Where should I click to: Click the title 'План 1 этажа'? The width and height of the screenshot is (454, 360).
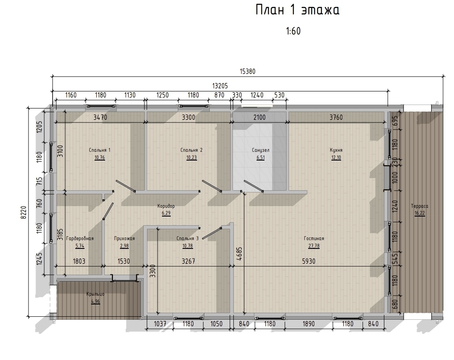pyautogui.click(x=297, y=10)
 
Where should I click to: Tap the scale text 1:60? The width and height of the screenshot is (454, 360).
pyautogui.click(x=293, y=31)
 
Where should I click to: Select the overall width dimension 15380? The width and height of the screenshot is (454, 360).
pyautogui.click(x=247, y=71)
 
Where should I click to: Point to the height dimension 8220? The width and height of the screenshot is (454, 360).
pyautogui.click(x=24, y=213)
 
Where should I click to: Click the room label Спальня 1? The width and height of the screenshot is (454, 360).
pyautogui.click(x=100, y=150)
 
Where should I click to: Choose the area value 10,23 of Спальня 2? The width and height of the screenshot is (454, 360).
pyautogui.click(x=191, y=158)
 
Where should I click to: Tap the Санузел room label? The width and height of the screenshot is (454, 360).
pyautogui.click(x=260, y=150)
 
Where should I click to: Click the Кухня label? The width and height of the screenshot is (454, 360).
pyautogui.click(x=336, y=150)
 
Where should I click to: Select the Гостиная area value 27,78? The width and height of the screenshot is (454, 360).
pyautogui.click(x=314, y=246)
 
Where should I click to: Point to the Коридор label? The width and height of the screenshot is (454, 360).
pyautogui.click(x=166, y=206)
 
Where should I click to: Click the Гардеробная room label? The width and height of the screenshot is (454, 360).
pyautogui.click(x=80, y=238)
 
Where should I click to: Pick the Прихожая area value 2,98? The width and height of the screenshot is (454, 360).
pyautogui.click(x=124, y=246)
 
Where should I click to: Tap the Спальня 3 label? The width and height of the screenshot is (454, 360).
pyautogui.click(x=188, y=238)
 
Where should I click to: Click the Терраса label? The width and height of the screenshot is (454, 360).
pyautogui.click(x=419, y=206)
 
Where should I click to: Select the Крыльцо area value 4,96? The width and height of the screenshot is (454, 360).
pyautogui.click(x=95, y=301)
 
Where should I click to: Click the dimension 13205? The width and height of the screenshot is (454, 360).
pyautogui.click(x=220, y=86)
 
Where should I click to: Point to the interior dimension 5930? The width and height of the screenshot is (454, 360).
pyautogui.click(x=309, y=261)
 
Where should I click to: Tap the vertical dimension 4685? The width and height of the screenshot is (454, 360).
pyautogui.click(x=239, y=254)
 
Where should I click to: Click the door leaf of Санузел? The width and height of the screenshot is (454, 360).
pyautogui.click(x=253, y=186)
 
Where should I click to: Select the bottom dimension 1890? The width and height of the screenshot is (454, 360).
pyautogui.click(x=309, y=324)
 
